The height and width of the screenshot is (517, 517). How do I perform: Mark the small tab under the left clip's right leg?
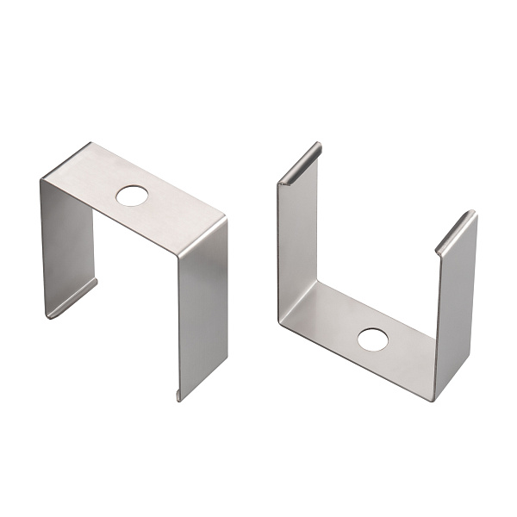tap(179, 396)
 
